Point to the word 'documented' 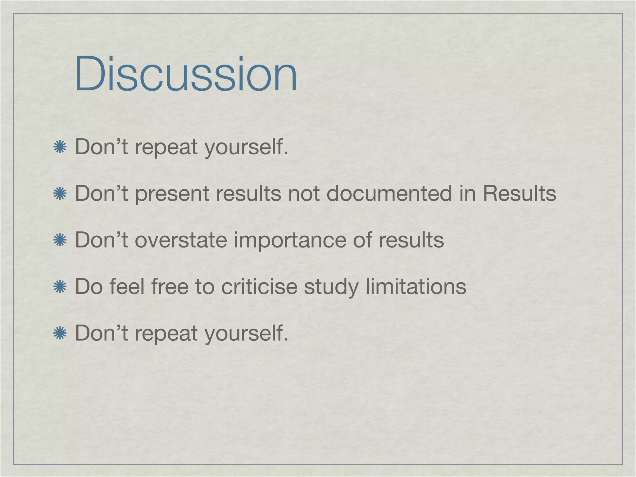389,193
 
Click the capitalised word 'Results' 519,193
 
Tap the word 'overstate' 181,240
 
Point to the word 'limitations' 416,286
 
